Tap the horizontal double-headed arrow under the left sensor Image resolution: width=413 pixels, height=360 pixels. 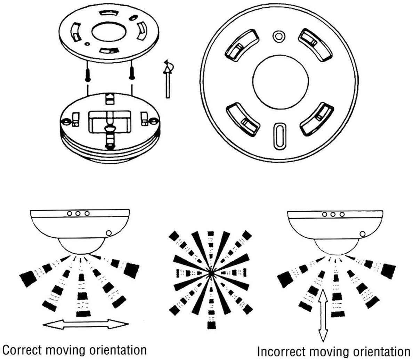86,325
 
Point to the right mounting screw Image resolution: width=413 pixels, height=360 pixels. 132,72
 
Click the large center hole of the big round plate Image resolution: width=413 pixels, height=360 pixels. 280,81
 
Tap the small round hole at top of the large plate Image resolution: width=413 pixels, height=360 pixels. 277,35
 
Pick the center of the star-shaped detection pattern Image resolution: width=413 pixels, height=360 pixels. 210,273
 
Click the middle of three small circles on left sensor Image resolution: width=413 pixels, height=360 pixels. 78,213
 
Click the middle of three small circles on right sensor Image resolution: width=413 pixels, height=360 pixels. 333,214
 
